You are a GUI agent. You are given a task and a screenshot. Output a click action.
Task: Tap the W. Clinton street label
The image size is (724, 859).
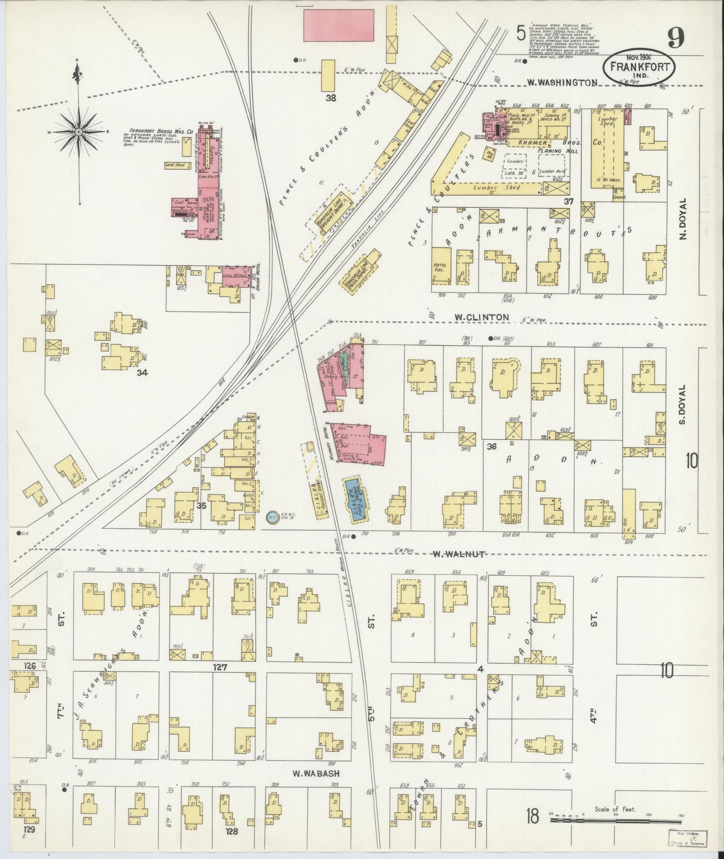click(481, 317)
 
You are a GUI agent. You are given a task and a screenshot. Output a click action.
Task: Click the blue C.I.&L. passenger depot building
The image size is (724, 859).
click(355, 498)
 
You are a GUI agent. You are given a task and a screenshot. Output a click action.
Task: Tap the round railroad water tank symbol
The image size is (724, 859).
click(272, 517)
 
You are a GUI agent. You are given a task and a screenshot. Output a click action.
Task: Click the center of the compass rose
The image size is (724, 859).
click(79, 132)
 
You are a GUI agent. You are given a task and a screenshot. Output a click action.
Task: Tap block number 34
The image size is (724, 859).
click(143, 372)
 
